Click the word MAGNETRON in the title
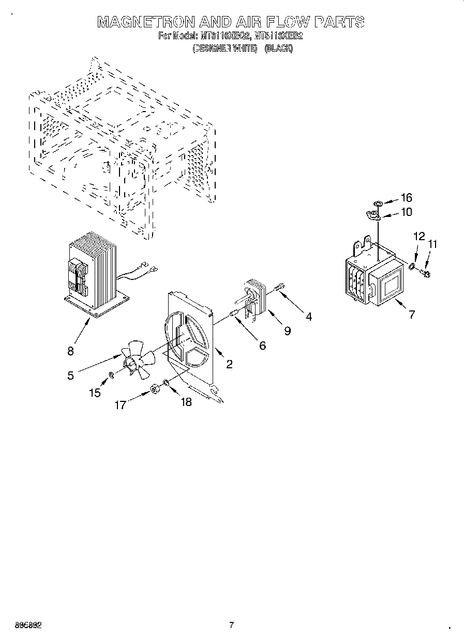pos(146,22)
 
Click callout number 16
pos(406,197)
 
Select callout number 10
pos(406,212)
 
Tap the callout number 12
pos(418,236)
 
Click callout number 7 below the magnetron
pos(411,314)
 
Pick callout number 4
pos(308,317)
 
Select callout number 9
pos(287,331)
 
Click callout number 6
pos(262,346)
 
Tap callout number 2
pos(229,364)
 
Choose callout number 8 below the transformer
pos(70,351)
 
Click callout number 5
pos(70,376)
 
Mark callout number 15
pos(94,393)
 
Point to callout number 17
pos(120,405)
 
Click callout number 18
pos(185,402)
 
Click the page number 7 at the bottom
pos(231,626)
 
